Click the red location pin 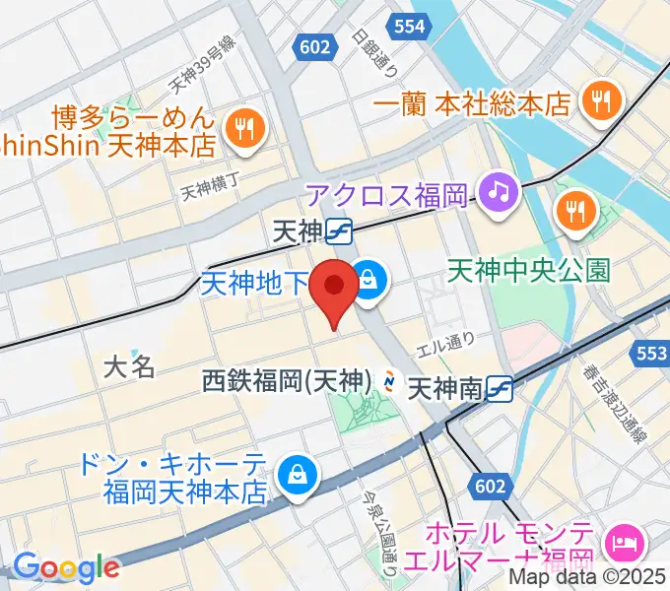coord(334,290)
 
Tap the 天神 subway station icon coord(341,230)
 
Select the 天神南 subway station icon coord(499,389)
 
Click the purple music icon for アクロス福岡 coord(499,188)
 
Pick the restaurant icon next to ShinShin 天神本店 coord(241,127)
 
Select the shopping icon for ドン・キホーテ coord(295,475)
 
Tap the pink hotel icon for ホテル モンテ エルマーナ coord(625,540)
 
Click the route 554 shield coord(408,27)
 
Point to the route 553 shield coord(652,352)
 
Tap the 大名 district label coord(129,367)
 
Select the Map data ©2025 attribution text coord(587,578)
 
